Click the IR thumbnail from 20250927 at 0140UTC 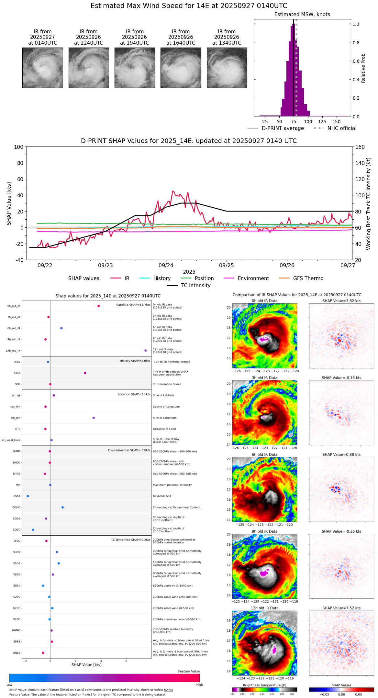coord(42,68)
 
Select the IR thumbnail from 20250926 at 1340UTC coord(227,68)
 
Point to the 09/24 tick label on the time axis coord(166,265)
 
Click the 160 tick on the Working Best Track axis coord(360,147)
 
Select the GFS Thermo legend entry coord(308,278)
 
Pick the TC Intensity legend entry coord(195,286)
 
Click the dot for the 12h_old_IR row coord(146,351)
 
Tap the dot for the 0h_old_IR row coord(99,306)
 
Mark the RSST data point coord(28,496)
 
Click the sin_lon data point coord(94,418)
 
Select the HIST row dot coord(85,373)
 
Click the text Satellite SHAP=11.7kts coord(133,305)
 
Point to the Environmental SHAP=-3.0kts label coord(129,450)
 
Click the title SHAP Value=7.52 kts coord(341,608)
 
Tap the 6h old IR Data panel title coord(264,455)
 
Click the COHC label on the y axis coord(16,507)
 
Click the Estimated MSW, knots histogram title coord(302,15)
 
